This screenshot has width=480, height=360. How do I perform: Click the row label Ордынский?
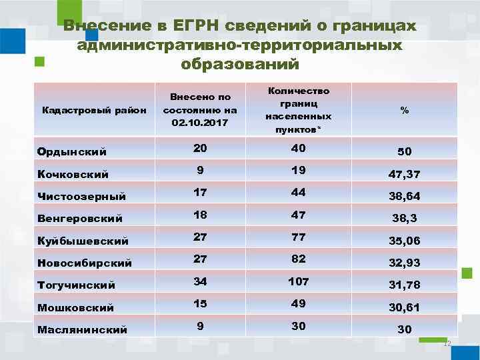(72, 152)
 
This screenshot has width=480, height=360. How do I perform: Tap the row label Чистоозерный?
(81, 197)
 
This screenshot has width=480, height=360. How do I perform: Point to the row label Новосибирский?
(85, 263)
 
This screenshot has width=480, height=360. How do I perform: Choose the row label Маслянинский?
(82, 329)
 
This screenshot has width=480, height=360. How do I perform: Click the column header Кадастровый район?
(93, 111)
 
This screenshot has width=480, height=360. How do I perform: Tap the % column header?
(404, 111)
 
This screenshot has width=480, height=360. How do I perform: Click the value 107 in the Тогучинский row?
(298, 281)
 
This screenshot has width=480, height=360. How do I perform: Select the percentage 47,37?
(404, 175)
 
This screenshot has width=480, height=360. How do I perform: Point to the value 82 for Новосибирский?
(298, 259)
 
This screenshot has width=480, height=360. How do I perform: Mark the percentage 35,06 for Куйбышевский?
(404, 241)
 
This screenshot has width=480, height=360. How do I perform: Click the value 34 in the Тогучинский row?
(200, 281)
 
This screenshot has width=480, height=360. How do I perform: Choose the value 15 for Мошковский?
(200, 303)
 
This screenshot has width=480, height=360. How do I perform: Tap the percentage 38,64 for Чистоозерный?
(404, 197)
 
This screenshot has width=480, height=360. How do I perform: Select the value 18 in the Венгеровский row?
(200, 215)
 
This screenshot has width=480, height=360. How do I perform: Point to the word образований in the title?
(240, 65)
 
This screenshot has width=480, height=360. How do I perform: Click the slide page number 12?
(447, 343)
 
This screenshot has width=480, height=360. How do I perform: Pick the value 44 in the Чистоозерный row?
(298, 193)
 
